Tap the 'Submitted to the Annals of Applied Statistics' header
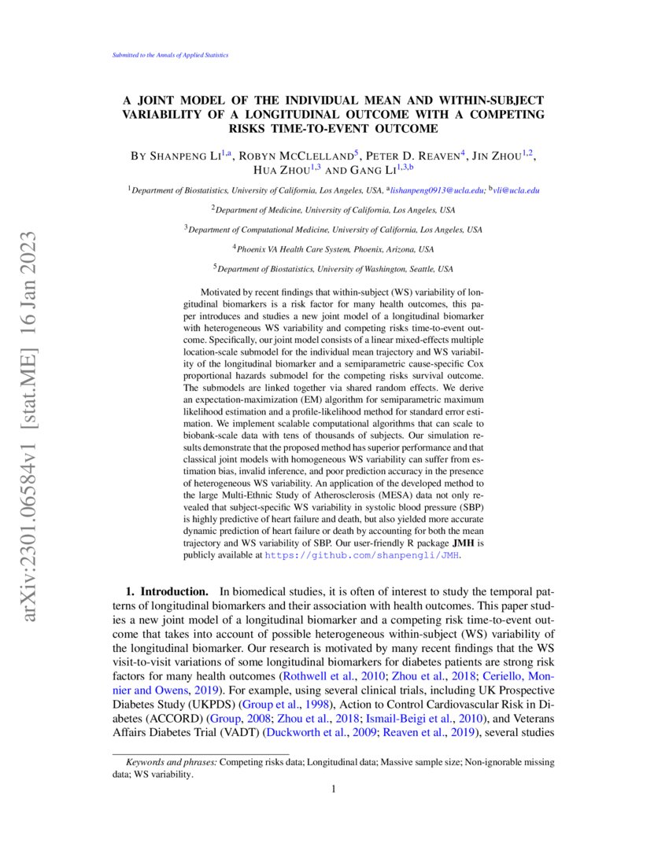[166, 55]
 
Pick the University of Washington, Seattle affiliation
[334, 268]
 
